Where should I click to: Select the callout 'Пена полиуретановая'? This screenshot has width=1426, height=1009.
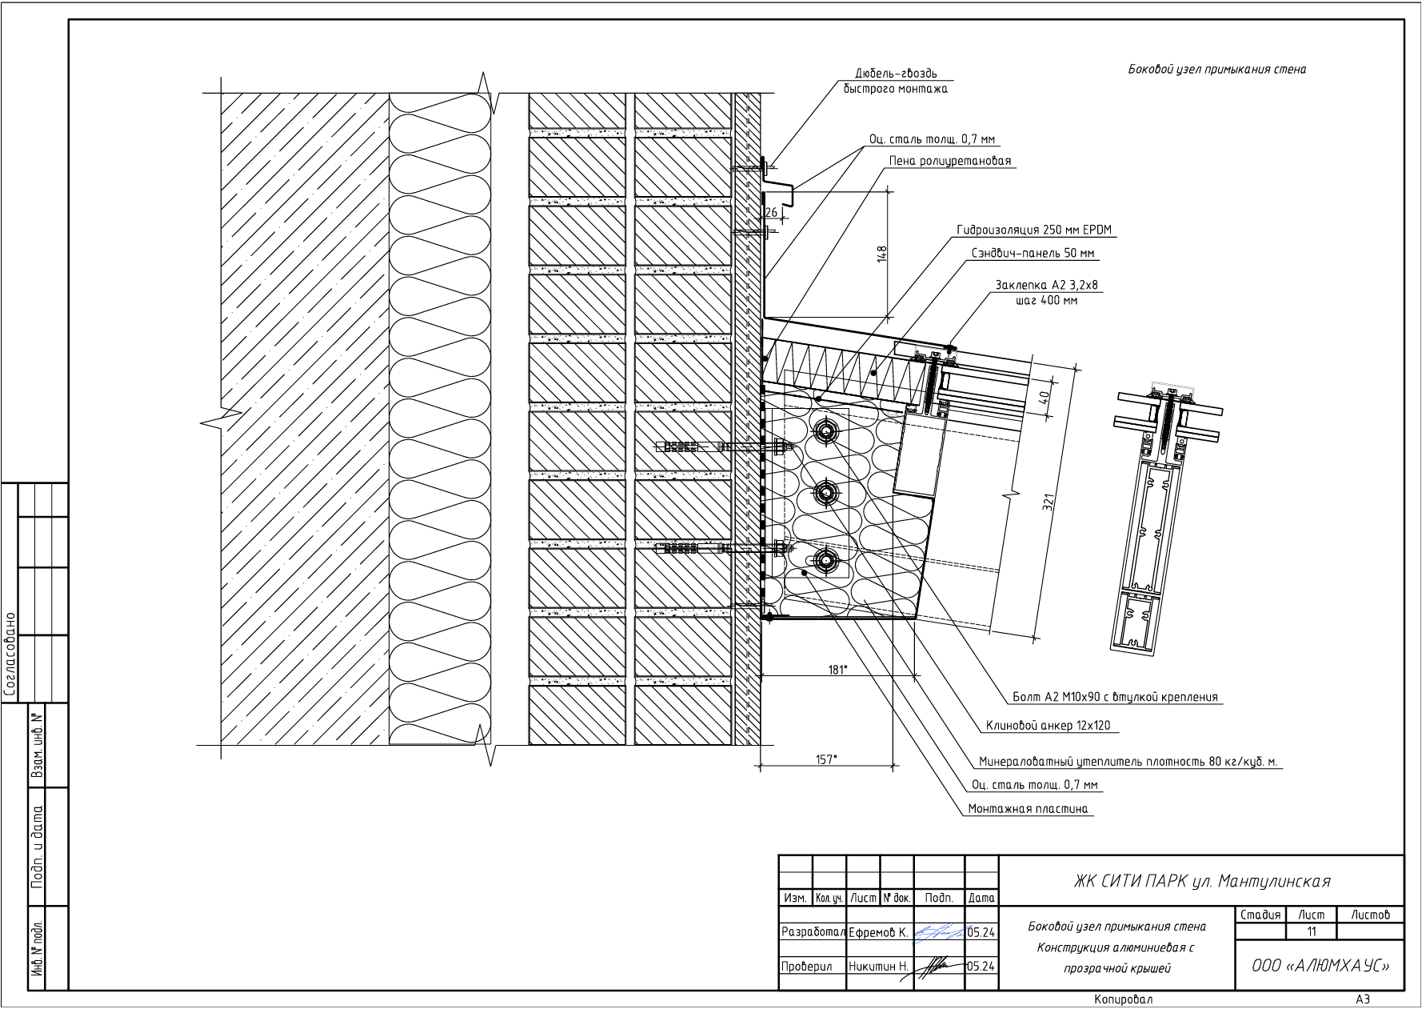tap(949, 161)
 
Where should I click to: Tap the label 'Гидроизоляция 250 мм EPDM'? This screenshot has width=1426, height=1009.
tap(1033, 230)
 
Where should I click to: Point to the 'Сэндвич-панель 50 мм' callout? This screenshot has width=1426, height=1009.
tap(1033, 254)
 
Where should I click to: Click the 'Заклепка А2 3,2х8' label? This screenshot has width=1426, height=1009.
tap(1041, 285)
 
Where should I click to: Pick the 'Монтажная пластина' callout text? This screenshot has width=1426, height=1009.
tap(1028, 809)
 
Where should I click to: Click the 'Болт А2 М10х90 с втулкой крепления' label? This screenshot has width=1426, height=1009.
tap(1115, 697)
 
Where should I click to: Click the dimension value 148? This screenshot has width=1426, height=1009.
tap(882, 254)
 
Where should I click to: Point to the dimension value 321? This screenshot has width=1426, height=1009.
tap(1049, 502)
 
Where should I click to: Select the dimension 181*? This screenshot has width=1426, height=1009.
tap(837, 670)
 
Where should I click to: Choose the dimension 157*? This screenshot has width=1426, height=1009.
tap(827, 759)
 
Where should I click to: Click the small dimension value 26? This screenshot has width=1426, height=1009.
tap(771, 212)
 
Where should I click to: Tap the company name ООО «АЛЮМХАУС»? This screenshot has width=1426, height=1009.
tap(1320, 966)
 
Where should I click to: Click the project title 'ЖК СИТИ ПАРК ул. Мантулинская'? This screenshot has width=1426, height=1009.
tap(1201, 881)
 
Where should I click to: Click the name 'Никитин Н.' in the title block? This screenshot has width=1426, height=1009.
tap(878, 967)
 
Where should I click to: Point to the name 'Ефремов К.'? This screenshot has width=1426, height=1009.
tap(878, 932)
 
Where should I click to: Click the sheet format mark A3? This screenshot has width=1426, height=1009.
tap(1363, 999)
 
